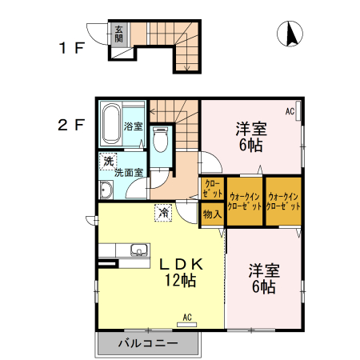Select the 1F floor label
[x=70, y=48]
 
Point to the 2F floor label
[x=70, y=125]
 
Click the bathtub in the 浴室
[x=110, y=124]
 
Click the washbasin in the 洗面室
[x=106, y=190]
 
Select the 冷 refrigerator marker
[x=163, y=213]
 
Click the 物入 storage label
[x=212, y=214]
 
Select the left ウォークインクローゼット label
[x=244, y=200]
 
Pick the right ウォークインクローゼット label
[x=284, y=200]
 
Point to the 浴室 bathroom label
[x=134, y=126]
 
